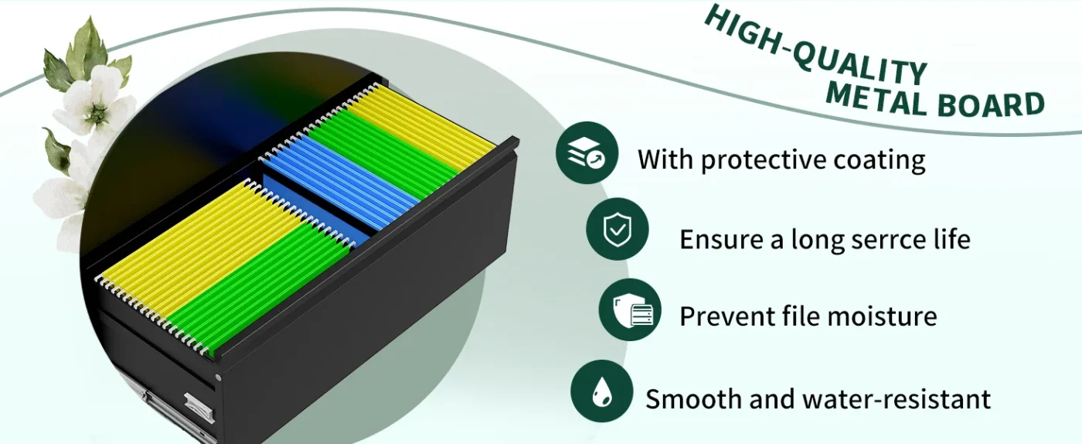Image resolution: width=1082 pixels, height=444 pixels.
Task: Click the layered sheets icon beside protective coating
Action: (587, 153)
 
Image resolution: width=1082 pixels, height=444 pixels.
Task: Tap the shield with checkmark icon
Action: (618, 229)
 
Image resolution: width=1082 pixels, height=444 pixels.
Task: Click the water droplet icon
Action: (602, 391)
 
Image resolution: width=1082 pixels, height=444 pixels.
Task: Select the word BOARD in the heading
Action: (991, 104)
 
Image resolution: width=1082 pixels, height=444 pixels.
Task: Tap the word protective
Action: (764, 160)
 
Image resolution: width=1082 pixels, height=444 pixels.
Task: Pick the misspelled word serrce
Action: (886, 240)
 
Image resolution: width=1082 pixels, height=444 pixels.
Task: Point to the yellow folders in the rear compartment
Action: (420, 126)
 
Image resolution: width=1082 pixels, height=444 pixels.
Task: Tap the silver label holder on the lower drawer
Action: (198, 407)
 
